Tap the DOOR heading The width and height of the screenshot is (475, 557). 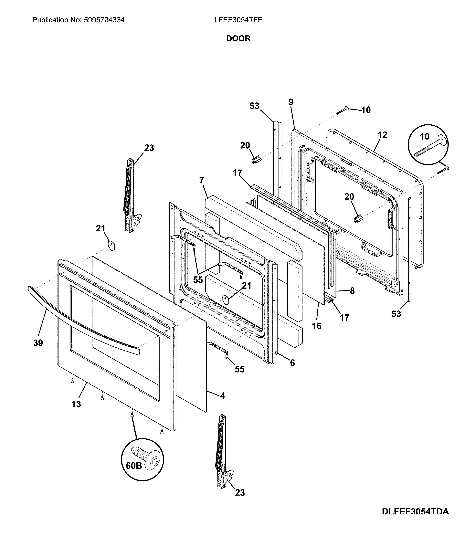[x=238, y=38]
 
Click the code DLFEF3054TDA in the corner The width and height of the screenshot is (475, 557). [x=415, y=519]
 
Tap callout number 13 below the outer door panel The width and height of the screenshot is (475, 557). [x=76, y=404]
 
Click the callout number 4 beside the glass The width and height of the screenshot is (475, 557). [x=223, y=395]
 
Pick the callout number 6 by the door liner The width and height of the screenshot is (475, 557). [x=292, y=363]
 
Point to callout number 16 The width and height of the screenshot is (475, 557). [x=316, y=326]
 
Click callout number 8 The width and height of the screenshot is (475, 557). [x=352, y=291]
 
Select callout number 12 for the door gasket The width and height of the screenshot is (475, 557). [x=382, y=135]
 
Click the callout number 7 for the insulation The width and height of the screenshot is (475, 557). [x=202, y=180]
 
